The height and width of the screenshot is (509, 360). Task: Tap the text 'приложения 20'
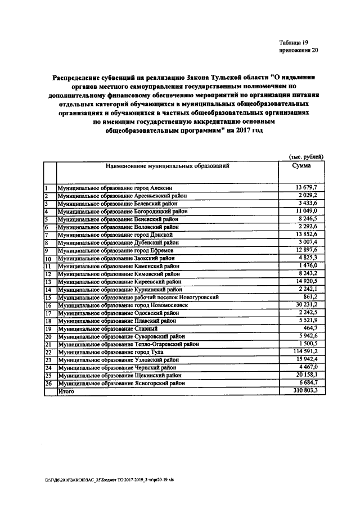[298, 51]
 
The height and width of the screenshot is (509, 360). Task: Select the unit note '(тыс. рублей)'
[305, 156]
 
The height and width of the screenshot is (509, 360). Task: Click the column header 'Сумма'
[301, 166]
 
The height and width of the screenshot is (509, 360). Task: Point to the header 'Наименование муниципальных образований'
[166, 166]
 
